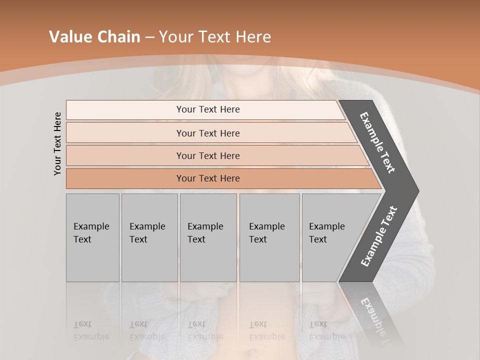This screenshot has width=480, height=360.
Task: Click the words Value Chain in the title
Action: pos(94,37)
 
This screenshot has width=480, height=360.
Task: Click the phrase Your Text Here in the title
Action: pos(215,37)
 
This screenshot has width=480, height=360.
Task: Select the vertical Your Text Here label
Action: pos(57,144)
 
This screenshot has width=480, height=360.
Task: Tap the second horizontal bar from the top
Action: pos(208,133)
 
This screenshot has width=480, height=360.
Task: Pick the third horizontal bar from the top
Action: pos(208,155)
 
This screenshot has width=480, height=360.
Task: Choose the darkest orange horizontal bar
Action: pos(208,178)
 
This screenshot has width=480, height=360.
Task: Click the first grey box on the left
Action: pos(92,237)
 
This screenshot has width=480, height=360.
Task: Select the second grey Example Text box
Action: pos(149,237)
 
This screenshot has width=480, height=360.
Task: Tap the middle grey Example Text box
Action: pos(208,237)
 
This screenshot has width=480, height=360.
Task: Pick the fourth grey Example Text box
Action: pos(269,237)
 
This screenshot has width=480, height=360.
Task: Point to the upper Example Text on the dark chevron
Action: pos(377,142)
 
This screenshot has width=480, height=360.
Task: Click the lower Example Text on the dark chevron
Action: pos(378,236)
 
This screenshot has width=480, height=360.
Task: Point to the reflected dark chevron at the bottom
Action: pos(372,310)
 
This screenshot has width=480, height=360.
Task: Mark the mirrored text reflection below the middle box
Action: pos(205,330)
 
